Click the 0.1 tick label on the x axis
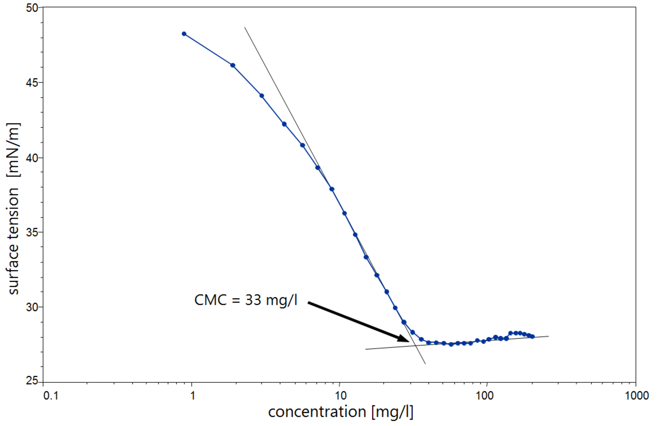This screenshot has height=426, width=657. tap(51, 396)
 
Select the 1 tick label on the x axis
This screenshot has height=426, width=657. tap(193, 396)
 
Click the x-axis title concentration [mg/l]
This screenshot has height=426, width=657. tap(340, 412)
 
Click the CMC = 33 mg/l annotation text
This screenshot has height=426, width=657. tap(246, 300)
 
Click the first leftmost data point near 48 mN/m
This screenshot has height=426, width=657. tap(184, 34)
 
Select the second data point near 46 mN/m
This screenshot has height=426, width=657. tap(233, 65)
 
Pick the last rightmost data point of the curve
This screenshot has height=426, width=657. tap(532, 336)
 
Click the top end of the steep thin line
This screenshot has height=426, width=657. tap(245, 27)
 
